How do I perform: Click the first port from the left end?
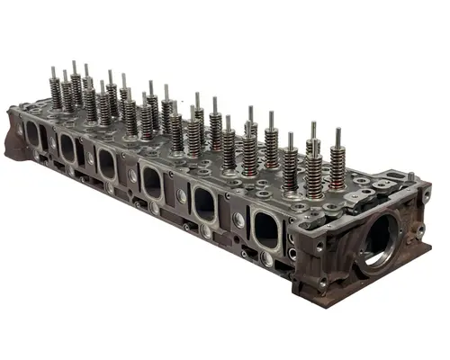(x=34, y=135)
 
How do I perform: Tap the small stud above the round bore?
(x=410, y=177)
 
